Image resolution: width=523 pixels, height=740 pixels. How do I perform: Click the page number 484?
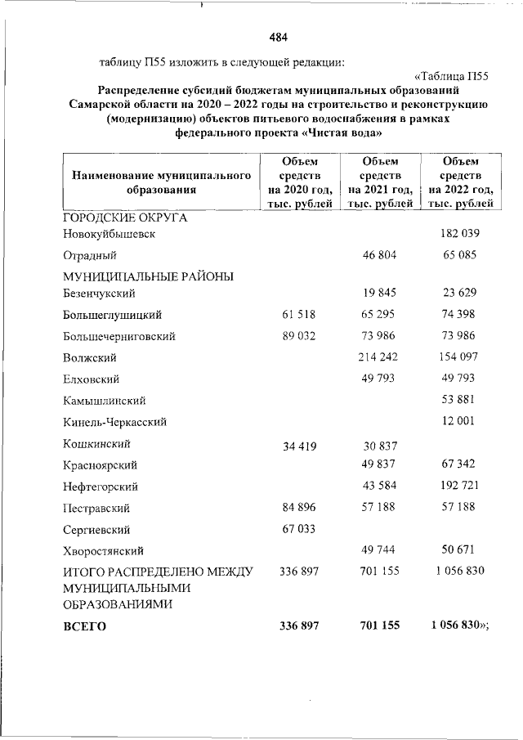pos(278,38)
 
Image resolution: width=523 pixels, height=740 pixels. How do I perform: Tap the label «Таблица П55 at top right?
pos(449,77)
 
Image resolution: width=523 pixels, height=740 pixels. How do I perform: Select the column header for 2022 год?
pos(459,182)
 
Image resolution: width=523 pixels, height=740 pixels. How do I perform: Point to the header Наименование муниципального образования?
pos(160,182)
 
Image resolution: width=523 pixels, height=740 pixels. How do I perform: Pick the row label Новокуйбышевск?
pos(109,234)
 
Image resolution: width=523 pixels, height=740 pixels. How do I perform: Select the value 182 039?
pos(459,234)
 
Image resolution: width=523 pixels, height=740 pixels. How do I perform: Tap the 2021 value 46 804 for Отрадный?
pos(378,255)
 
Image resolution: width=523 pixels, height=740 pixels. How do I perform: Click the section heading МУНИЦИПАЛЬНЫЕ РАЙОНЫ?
pos(148,276)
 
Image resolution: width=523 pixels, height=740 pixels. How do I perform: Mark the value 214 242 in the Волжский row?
pos(378,357)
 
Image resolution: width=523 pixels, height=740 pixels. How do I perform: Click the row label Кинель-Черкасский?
pos(115,422)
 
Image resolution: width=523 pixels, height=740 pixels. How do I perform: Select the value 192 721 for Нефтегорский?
pos(459,487)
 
